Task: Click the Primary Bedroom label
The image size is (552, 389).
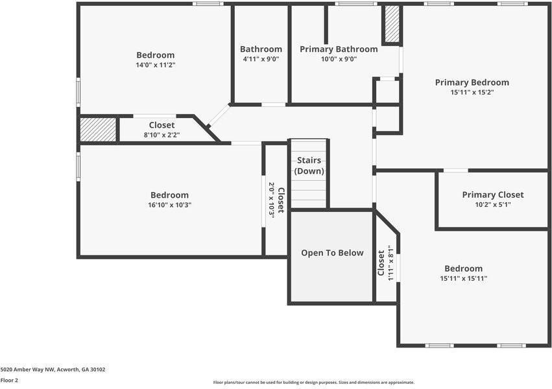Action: tap(472, 82)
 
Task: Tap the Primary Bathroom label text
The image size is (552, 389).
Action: tap(338, 49)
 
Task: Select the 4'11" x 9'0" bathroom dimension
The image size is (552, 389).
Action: tap(261, 59)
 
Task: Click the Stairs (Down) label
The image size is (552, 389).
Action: tap(309, 165)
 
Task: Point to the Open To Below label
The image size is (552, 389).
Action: tap(332, 253)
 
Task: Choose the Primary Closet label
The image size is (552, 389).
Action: tap(492, 194)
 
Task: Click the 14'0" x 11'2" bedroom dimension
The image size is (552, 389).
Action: tap(155, 65)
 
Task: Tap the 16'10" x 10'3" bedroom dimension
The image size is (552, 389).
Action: tap(169, 205)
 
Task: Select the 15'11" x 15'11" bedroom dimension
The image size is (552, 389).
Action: tap(463, 278)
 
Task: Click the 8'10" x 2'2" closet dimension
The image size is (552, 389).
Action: tap(162, 135)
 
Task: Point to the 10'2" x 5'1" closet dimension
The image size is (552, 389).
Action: tap(492, 204)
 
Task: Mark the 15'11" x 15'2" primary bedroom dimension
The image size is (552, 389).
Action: tap(472, 92)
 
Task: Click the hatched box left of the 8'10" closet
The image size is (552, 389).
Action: tap(98, 129)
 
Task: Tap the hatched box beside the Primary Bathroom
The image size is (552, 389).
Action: tap(392, 25)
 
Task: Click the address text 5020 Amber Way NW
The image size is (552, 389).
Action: tap(53, 370)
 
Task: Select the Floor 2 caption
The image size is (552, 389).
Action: tap(9, 381)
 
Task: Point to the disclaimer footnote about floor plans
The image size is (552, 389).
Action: tap(313, 383)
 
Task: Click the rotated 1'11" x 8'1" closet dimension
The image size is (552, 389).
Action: tap(390, 263)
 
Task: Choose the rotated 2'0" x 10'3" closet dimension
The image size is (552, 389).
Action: tap(272, 200)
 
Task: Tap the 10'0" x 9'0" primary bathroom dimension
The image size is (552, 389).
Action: tap(338, 59)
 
